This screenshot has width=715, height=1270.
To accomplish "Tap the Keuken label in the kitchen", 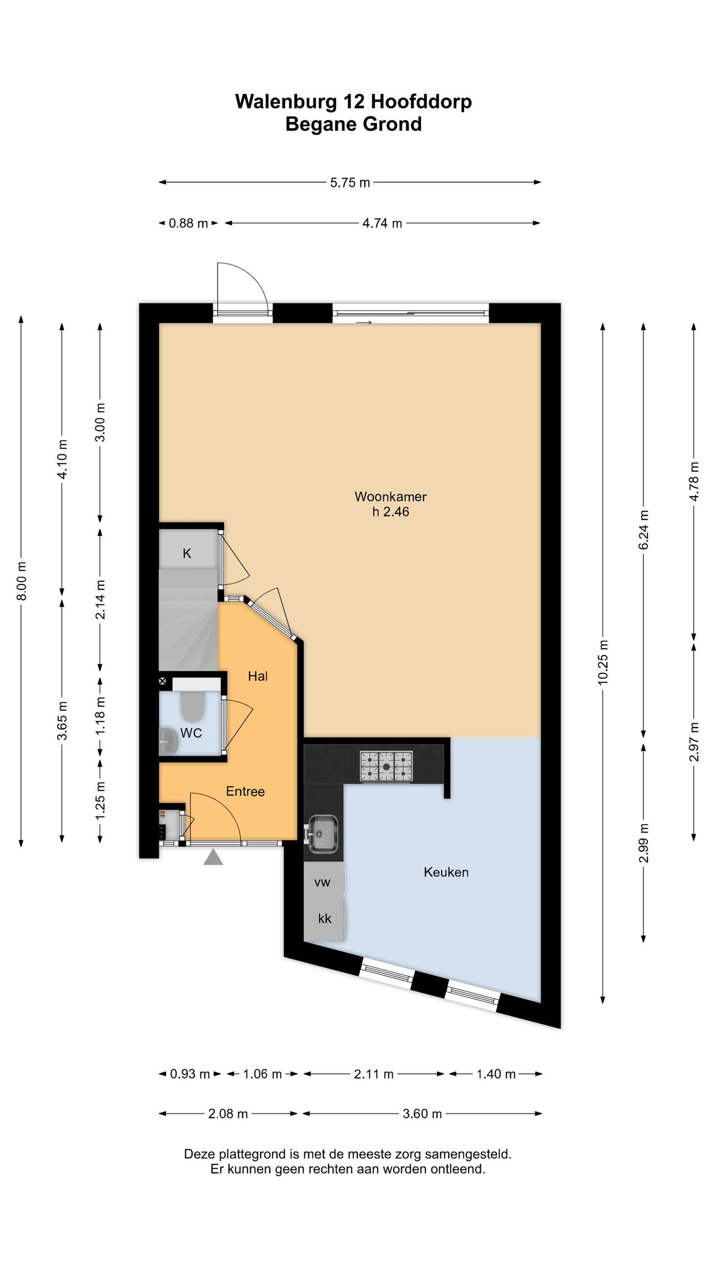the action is point(446,872).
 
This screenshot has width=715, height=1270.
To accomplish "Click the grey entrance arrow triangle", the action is point(213,857).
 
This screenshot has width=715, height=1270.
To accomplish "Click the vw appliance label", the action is point(322,883).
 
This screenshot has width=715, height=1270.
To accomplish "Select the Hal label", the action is point(257,676).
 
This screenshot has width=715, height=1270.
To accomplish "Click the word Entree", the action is point(245,791).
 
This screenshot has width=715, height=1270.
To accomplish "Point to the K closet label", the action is point(187,553).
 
